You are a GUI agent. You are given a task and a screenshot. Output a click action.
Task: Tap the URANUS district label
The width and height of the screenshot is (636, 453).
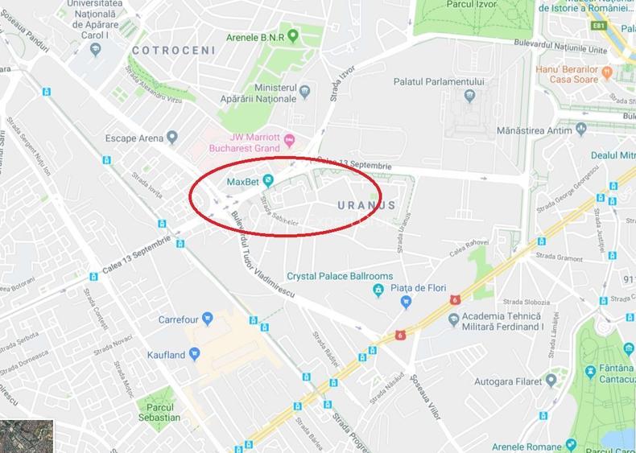365,205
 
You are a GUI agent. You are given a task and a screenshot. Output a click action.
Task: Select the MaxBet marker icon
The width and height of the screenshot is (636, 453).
269,180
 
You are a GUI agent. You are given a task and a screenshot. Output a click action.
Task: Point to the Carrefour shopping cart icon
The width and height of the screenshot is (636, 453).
208,319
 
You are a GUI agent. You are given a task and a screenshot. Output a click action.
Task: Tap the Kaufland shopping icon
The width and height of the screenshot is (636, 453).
194,355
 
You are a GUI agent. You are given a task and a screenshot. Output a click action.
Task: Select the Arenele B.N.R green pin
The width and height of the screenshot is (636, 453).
293,36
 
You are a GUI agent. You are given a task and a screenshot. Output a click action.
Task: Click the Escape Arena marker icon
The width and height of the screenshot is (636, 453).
171,138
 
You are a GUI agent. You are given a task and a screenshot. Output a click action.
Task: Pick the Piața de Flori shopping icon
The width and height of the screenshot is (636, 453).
407,303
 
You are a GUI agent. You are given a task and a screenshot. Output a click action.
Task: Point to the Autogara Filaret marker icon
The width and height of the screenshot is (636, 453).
551,380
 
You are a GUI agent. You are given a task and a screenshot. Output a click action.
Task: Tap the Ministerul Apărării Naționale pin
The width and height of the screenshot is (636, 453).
304,93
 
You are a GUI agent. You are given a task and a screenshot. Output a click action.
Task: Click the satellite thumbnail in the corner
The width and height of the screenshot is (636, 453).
27,435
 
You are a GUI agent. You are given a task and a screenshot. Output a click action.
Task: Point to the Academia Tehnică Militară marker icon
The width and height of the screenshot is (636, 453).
453,320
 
